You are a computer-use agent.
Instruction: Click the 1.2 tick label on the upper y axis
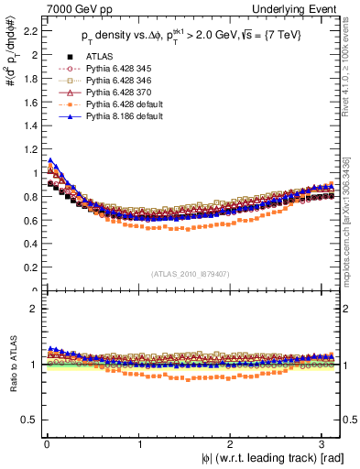click(x=27, y=149)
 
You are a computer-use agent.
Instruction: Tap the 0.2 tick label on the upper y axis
click(x=27, y=267)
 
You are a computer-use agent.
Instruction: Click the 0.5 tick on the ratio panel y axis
click(x=27, y=420)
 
